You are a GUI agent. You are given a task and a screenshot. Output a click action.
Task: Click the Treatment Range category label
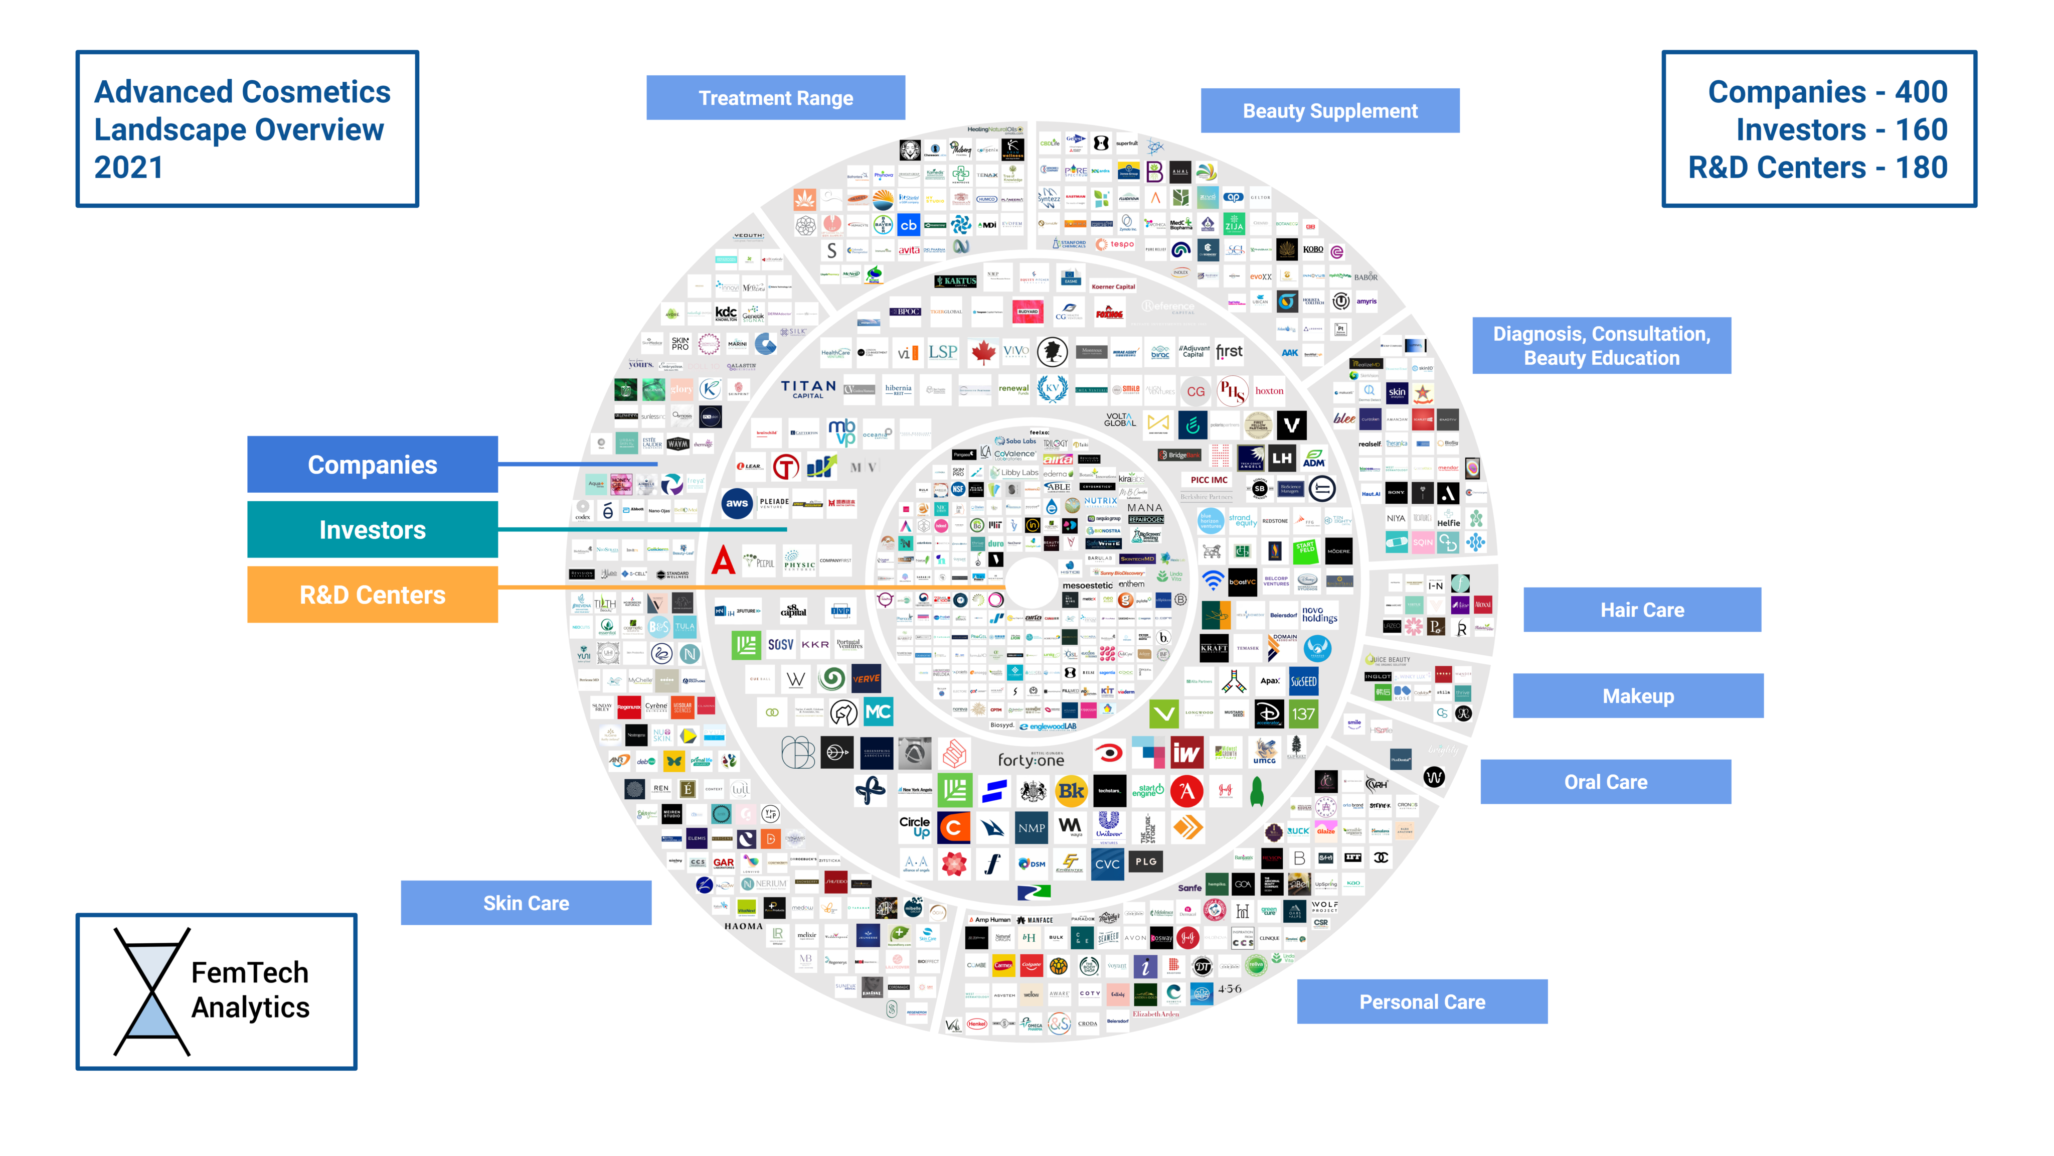tap(775, 98)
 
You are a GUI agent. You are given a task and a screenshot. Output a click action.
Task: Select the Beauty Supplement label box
tap(1329, 111)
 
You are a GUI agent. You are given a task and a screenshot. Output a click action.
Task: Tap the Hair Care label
tap(1642, 610)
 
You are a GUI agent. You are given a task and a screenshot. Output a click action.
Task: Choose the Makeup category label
tap(1638, 696)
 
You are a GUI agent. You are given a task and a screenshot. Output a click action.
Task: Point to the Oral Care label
tap(1605, 782)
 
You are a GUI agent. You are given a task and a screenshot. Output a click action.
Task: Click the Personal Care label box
tap(1422, 1002)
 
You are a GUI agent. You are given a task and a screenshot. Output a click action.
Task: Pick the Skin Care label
tap(526, 903)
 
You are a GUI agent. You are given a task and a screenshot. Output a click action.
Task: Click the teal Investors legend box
tap(373, 530)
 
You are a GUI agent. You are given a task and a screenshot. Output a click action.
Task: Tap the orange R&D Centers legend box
tap(373, 595)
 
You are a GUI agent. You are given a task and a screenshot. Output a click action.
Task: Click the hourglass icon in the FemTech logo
tap(151, 991)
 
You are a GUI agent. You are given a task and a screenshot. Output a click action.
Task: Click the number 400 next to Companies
tap(1921, 92)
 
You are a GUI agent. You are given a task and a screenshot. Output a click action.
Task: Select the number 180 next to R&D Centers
tap(1921, 168)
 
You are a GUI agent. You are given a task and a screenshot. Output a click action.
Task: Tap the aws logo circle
tap(737, 503)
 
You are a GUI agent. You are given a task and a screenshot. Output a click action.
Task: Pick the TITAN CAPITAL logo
tap(808, 388)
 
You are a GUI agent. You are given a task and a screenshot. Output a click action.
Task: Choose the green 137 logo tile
tap(1303, 714)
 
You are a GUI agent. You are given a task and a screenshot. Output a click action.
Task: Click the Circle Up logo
tap(915, 826)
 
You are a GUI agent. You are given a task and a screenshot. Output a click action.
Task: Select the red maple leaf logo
tap(983, 352)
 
